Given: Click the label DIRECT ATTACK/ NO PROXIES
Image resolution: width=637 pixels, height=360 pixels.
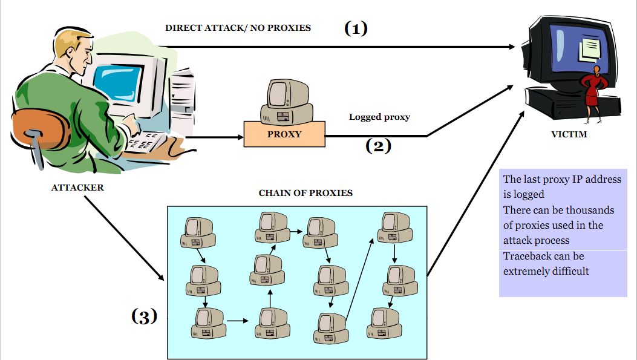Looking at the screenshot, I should pos(238,28).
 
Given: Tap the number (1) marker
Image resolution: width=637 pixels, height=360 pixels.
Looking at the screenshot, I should pos(356,28).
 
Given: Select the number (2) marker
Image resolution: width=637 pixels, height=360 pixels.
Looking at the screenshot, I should pos(378,146).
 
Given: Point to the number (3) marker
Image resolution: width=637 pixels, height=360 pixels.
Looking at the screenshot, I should pos(145,316).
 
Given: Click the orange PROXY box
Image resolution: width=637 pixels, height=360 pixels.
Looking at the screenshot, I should pos(284,134).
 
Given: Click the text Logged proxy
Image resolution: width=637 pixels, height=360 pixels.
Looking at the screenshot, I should pos(379,117).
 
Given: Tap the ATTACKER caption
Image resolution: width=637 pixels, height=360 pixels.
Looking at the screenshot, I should pos(77,188).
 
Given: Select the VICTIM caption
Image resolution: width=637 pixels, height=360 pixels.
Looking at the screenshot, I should pos(569,134).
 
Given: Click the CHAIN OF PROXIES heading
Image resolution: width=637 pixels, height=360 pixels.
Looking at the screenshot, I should pos(305,194).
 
